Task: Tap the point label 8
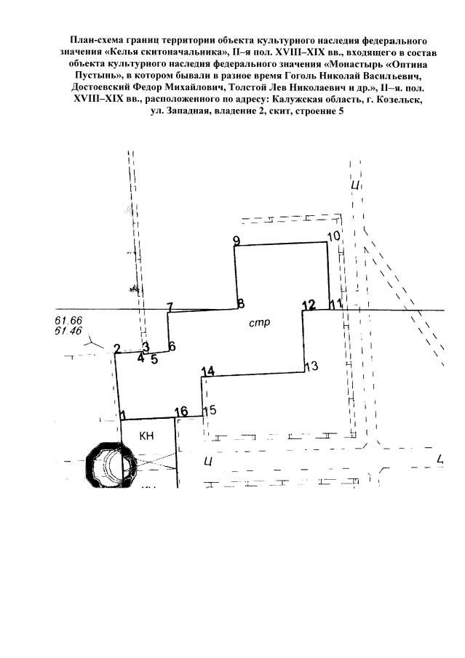[x=241, y=304]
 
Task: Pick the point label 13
[x=311, y=366]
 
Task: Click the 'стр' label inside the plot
[x=260, y=323]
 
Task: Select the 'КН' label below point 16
[x=146, y=436]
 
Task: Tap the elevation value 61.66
[x=68, y=321]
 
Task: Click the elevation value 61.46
[x=68, y=331]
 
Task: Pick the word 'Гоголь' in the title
[x=301, y=76]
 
